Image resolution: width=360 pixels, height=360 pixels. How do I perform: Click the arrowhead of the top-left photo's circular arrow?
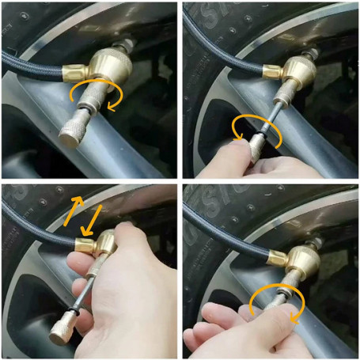[x=111, y=108]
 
